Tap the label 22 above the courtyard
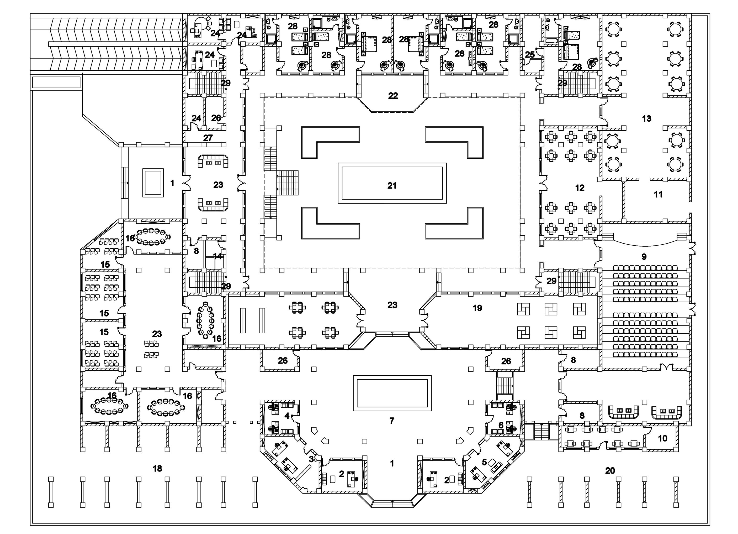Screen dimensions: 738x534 pos(393,96)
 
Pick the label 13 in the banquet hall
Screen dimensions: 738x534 pos(646,119)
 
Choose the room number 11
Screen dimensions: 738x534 pos(658,195)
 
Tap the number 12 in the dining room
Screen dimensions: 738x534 pos(580,188)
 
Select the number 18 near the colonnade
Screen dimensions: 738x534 pos(157,469)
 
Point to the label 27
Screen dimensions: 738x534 pos(208,138)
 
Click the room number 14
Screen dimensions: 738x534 pos(217,256)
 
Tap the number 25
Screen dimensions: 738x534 pos(530,54)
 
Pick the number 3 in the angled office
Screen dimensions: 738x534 pos(311,459)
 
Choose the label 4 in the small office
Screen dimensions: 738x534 pos(287,416)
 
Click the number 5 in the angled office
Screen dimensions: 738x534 pos(484,462)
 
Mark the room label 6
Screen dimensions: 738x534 pos(501,425)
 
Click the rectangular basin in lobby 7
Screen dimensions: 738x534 pos(392,393)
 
